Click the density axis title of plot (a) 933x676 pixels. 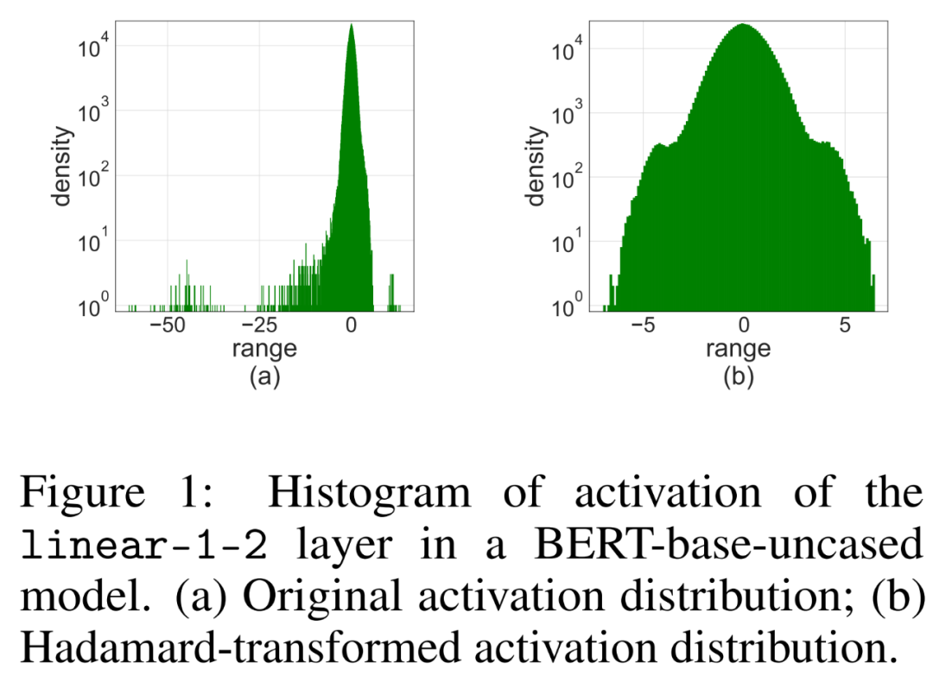(62, 166)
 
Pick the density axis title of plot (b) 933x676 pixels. (536, 166)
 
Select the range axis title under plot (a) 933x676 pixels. (264, 350)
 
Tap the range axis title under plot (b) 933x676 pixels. (738, 350)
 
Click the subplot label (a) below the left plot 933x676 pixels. (264, 377)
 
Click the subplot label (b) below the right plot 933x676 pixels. (738, 377)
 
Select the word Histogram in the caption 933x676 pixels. (370, 494)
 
